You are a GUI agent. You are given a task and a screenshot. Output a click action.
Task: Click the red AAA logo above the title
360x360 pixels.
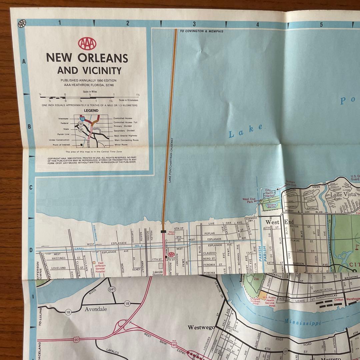(87, 43)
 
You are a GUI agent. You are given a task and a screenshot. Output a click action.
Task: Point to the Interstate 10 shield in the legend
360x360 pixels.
(82, 118)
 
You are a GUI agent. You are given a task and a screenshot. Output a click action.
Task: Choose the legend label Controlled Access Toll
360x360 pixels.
(125, 122)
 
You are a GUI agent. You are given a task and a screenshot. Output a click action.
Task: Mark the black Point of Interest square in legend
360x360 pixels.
(82, 145)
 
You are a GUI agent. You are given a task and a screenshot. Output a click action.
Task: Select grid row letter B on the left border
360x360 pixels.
(29, 127)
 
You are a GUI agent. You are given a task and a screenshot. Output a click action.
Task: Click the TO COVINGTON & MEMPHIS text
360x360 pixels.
(201, 31)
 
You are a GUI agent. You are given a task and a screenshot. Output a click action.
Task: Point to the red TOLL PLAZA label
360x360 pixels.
(171, 234)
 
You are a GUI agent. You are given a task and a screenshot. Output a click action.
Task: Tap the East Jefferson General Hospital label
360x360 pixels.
(101, 267)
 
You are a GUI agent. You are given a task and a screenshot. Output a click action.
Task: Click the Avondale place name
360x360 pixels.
(96, 309)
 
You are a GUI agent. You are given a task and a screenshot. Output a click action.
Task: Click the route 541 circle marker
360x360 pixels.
(112, 289)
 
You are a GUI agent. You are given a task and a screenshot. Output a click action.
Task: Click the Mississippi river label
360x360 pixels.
(303, 323)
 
